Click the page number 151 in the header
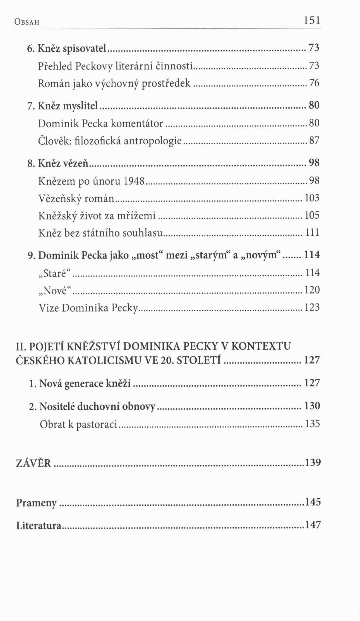tap(312, 20)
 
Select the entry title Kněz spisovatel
tap(72, 49)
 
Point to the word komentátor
tap(137, 123)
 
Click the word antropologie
tap(153, 141)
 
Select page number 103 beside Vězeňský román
tap(312, 198)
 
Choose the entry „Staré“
tap(55, 273)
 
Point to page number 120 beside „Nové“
tap(312, 290)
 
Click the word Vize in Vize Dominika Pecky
tap(49, 308)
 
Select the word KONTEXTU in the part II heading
tap(261, 346)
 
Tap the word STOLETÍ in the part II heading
tap(199, 360)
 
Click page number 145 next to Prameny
tap(313, 502)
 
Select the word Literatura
tap(39, 526)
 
